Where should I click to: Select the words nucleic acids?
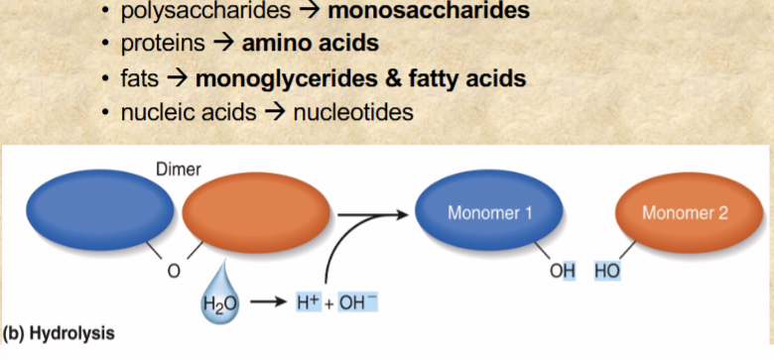coord(190,112)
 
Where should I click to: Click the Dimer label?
coord(178,169)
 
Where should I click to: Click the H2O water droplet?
coord(217,297)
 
